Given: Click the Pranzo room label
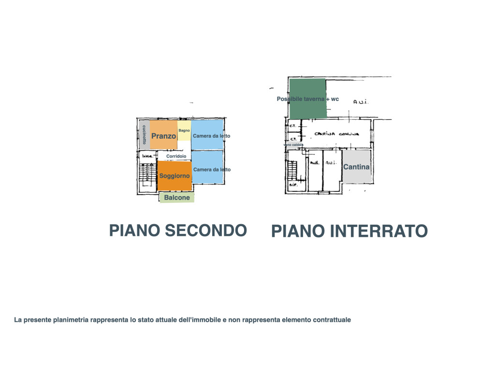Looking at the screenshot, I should point(163,136).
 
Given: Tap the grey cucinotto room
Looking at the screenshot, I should point(144,135).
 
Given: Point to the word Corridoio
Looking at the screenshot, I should point(176,157).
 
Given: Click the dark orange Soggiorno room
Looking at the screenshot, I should point(175,176).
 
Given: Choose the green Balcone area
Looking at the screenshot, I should point(177,198).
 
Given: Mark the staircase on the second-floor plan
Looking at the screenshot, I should point(142,172).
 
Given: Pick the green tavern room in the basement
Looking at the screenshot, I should point(307,99).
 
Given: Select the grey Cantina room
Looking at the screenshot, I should point(356,167).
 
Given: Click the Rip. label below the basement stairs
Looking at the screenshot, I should point(292,185).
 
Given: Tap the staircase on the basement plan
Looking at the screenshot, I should point(292,169).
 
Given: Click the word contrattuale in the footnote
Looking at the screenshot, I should point(332,320).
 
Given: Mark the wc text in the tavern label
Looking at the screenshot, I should point(335,99).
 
